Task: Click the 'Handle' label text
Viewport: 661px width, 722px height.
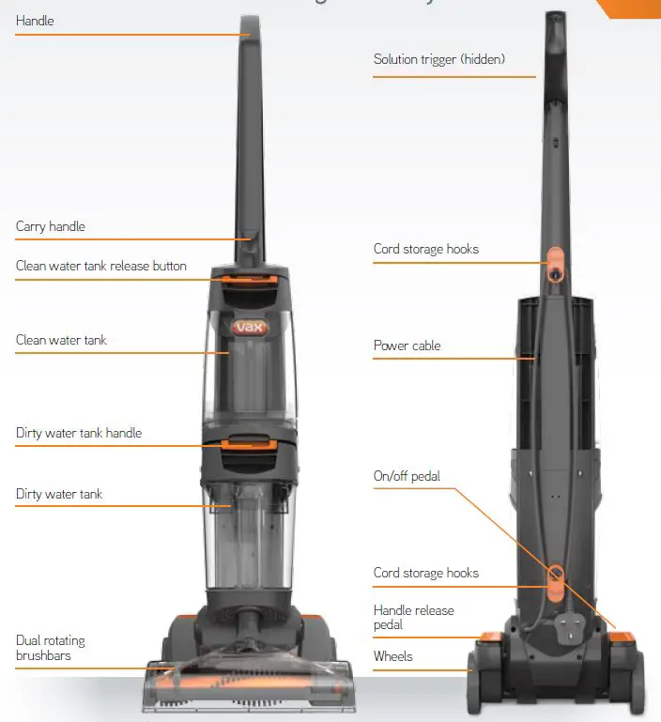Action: coord(35,21)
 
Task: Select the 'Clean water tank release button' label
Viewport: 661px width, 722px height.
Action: coord(100,266)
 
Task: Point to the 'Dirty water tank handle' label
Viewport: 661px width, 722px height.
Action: coord(79,434)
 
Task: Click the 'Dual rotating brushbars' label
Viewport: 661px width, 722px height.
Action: coord(50,648)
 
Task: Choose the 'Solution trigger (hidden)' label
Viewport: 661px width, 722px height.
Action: coord(438,59)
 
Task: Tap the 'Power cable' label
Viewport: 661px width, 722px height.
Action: coord(407,346)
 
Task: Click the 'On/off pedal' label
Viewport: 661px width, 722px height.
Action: coord(407,476)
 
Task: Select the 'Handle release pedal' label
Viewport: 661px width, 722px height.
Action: coord(413,617)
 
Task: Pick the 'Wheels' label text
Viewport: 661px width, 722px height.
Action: coord(392,655)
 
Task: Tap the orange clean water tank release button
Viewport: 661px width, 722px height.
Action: coord(250,277)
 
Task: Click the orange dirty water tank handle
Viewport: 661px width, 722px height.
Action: coord(250,442)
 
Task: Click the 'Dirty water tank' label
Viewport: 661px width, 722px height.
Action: coord(59,494)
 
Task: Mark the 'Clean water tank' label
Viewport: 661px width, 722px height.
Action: coord(61,340)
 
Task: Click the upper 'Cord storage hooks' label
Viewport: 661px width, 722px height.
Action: coord(425,249)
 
